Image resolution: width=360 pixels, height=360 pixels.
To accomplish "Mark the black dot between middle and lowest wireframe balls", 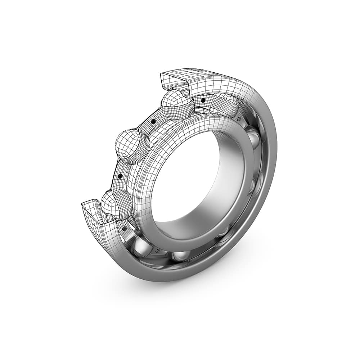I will tap(120, 176).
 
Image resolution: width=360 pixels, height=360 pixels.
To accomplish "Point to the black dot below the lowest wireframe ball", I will tap(124, 228).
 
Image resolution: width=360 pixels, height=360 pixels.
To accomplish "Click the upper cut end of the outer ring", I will tap(173, 79).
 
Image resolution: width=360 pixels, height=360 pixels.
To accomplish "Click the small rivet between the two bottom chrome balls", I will tap(157, 249).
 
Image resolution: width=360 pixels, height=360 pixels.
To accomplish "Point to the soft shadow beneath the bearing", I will tap(223, 284).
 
